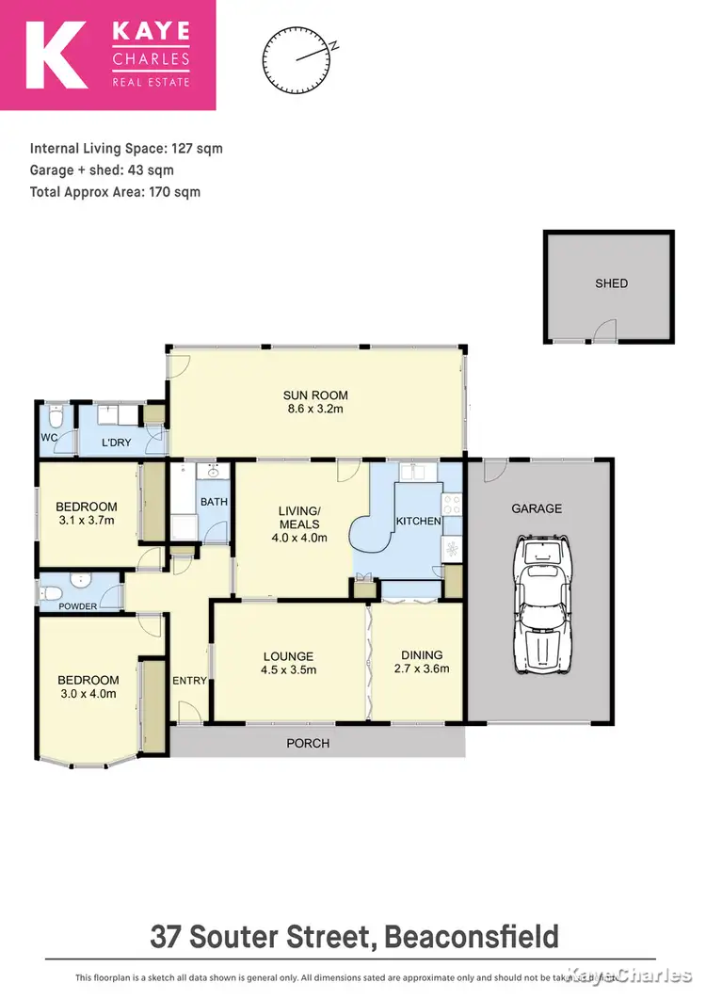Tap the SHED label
point(611,282)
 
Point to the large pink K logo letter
point(57,55)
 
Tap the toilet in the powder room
point(54,592)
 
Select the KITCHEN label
point(418,521)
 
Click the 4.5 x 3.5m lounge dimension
point(289,670)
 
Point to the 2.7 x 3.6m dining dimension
point(421,669)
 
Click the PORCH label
point(308,743)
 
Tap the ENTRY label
point(189,680)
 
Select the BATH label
point(214,502)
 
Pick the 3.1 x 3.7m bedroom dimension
point(85,520)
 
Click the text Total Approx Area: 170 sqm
point(115,192)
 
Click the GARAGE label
point(537,508)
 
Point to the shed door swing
point(602,330)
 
